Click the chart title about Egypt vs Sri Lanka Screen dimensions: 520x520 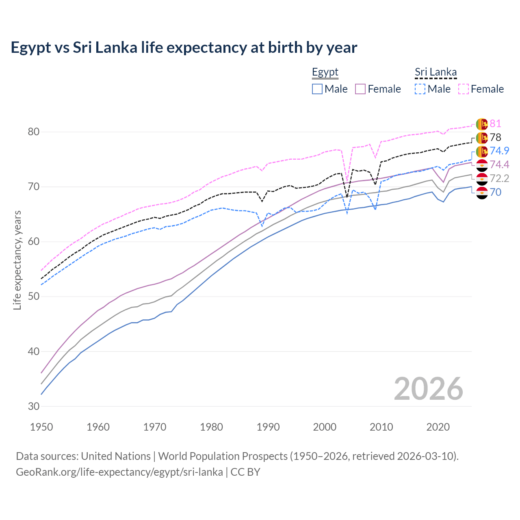184,48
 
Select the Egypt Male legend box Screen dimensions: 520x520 317,89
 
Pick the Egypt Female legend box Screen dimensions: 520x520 360,89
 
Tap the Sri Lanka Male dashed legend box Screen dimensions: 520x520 420,89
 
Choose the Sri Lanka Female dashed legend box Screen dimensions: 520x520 464,89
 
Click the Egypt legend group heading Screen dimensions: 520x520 325,72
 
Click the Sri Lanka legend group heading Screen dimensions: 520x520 435,72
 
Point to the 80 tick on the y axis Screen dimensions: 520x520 34,132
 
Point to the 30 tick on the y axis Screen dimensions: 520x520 34,406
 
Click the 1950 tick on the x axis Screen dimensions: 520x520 41,427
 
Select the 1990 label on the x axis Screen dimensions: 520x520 268,427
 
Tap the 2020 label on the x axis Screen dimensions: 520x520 438,427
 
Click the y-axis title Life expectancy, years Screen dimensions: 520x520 17,260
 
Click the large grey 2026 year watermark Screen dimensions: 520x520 428,389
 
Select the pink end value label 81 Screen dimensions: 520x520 495,124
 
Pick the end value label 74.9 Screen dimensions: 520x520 499,151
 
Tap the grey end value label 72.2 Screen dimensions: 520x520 499,178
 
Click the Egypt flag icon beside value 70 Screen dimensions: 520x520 481,193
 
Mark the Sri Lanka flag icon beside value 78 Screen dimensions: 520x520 481,138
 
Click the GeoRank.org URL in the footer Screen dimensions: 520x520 119,472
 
